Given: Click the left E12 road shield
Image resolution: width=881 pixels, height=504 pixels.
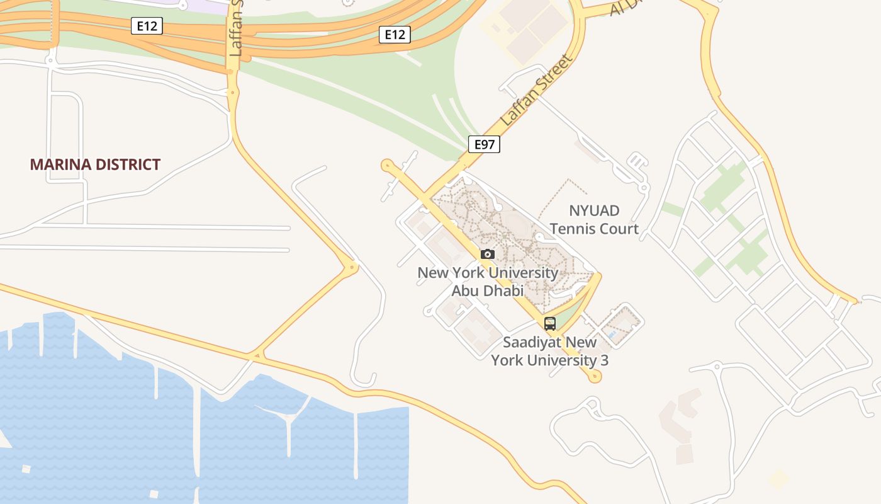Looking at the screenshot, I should pyautogui.click(x=147, y=26).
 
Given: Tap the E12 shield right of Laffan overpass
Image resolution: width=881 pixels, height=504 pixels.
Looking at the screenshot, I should pyautogui.click(x=395, y=34).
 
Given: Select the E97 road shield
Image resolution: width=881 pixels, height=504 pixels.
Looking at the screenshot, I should pyautogui.click(x=484, y=144).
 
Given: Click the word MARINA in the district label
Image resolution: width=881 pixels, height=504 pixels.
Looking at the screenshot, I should pyautogui.click(x=60, y=165).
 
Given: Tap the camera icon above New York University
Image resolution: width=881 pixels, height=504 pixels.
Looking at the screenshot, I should pyautogui.click(x=487, y=255).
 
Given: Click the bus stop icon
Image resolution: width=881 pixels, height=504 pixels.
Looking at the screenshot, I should pyautogui.click(x=550, y=324).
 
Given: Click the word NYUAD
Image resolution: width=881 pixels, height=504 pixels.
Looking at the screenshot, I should pyautogui.click(x=594, y=210).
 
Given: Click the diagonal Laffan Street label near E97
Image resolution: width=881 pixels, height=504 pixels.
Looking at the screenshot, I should pyautogui.click(x=536, y=90).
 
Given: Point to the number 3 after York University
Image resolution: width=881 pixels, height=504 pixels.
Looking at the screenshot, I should pyautogui.click(x=604, y=360).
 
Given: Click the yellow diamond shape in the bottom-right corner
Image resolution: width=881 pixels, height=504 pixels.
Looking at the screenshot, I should pyautogui.click(x=778, y=479).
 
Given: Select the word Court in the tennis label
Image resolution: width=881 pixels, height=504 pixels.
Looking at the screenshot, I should pyautogui.click(x=618, y=229).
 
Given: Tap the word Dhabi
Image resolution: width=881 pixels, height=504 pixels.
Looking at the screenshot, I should pyautogui.click(x=504, y=291).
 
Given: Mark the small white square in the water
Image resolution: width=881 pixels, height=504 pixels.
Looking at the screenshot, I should pyautogui.click(x=26, y=469).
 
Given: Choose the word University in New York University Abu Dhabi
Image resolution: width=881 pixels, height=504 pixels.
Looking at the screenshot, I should pyautogui.click(x=523, y=273).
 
